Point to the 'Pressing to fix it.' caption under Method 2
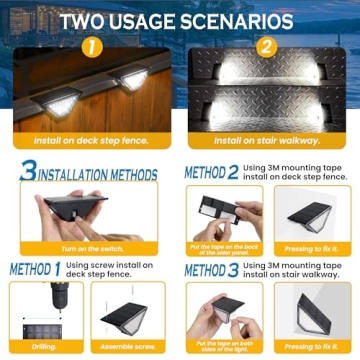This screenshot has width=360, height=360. click(x=310, y=247)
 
